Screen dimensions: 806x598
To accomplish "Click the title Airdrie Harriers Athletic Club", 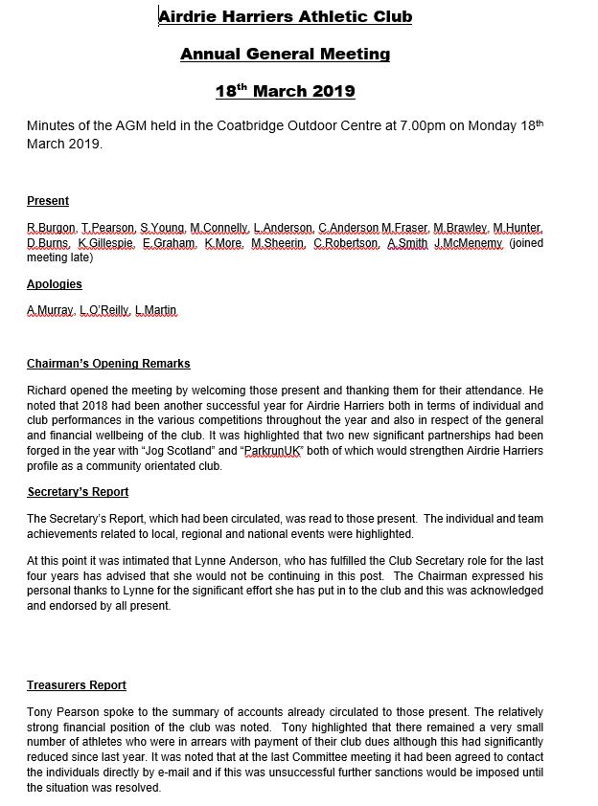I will (285, 16).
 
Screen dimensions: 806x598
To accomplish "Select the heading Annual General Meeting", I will (285, 55).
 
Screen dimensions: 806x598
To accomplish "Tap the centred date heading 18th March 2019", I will (285, 92).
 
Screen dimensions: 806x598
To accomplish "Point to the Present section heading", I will (47, 201).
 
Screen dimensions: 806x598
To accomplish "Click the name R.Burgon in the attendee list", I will (51, 228).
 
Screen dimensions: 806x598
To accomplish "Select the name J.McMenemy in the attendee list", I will (468, 244).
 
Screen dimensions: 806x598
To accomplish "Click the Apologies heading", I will (54, 284).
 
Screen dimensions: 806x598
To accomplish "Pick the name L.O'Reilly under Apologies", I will (103, 310).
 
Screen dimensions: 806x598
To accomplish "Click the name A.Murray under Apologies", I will (50, 310).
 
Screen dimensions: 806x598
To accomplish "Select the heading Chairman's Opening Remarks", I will (108, 364).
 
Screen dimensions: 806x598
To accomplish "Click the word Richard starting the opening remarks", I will (49, 390).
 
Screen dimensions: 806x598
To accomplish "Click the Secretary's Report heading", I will (78, 492).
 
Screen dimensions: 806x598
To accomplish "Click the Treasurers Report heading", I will (76, 685).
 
